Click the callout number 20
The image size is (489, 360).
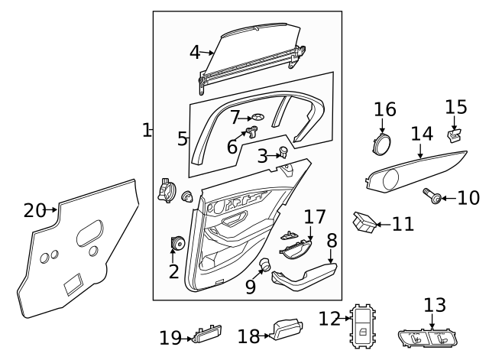(34, 209)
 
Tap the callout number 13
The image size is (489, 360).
(434, 306)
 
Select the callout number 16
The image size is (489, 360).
(385, 109)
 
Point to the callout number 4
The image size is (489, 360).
(195, 52)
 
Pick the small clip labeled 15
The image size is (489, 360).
(454, 135)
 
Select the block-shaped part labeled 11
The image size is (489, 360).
(364, 222)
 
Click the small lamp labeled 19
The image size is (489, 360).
(202, 334)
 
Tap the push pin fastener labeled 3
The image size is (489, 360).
(284, 151)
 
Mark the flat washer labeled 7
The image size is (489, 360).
(258, 117)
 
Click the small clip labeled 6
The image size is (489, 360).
(250, 134)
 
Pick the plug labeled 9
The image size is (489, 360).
(265, 265)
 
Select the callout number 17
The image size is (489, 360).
(315, 216)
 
